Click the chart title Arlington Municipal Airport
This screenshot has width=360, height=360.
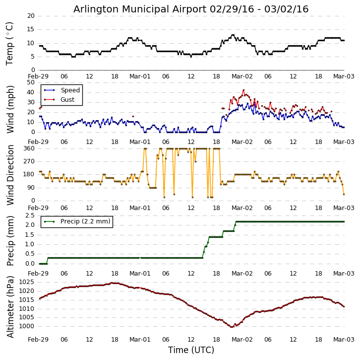tap(191, 9)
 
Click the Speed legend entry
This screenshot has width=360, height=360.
tap(70, 90)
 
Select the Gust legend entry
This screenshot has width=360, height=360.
tap(67, 99)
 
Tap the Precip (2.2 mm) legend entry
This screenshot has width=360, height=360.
tap(85, 221)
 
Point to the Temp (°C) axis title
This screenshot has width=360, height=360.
tap(10, 43)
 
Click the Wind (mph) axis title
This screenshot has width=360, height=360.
tap(10, 109)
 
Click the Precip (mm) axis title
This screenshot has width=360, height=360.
tap(10, 240)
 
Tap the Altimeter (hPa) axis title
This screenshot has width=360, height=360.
tap(10, 306)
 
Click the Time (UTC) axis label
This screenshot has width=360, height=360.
tap(191, 350)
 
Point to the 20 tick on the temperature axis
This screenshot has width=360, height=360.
tap(30, 16)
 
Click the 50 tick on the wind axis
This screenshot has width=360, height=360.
tap(30, 82)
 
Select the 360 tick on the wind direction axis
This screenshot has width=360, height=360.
tap(28, 148)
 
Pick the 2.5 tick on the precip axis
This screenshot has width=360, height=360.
tap(29, 215)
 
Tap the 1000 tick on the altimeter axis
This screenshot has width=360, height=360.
tap(26, 326)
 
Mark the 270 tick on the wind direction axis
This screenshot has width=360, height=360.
tap(28, 161)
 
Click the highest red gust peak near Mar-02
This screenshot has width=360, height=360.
tap(243, 90)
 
